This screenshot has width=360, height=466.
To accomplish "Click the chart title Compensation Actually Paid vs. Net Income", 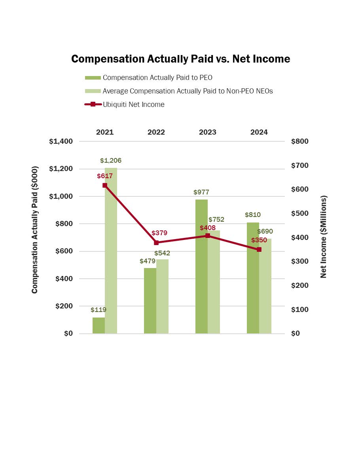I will [x=180, y=59].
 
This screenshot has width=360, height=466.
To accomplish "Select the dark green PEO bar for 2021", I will [x=99, y=325].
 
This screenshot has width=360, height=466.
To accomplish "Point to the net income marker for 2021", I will [x=105, y=185].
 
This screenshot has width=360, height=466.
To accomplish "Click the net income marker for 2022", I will [x=156, y=243].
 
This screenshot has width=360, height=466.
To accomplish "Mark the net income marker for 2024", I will [x=259, y=249].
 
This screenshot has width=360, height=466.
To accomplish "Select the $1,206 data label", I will [x=111, y=161].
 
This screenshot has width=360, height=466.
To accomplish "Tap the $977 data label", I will [x=201, y=192].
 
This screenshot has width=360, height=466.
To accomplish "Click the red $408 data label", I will [x=208, y=228].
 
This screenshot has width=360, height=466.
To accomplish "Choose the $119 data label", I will [x=99, y=310].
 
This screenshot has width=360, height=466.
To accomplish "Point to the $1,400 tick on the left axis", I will [x=61, y=141].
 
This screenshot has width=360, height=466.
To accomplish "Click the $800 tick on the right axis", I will [x=299, y=141].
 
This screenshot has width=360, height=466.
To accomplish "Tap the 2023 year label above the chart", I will [x=208, y=132].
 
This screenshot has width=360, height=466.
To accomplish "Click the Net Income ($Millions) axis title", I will [x=324, y=236].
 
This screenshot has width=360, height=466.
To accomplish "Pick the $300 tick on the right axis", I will [x=299, y=261].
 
